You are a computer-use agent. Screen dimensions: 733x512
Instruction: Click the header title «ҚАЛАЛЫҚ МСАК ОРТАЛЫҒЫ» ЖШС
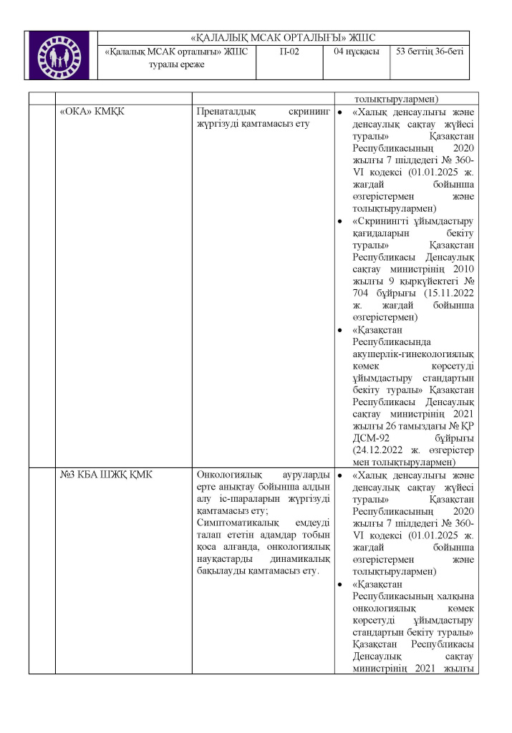tap(284, 38)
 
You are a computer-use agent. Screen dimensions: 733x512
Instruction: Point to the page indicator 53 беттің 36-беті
tap(430, 52)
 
